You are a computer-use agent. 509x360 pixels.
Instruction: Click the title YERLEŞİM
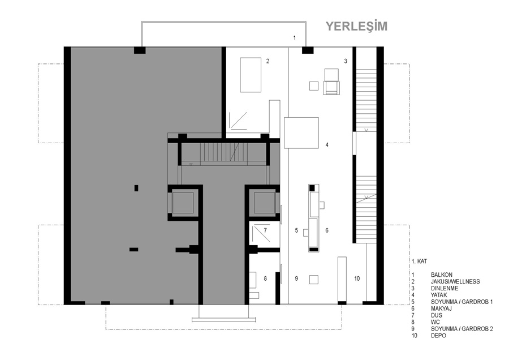pos(356,26)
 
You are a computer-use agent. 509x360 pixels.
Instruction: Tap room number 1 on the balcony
pos(295,38)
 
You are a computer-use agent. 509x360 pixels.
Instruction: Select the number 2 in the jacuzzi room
pos(268,61)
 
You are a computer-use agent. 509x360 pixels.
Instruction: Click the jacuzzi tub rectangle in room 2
pos(251,75)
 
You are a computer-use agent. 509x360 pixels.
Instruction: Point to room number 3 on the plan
pos(346,61)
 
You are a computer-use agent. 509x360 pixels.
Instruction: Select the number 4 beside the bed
pos(327,145)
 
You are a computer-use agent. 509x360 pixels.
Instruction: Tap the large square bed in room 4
pos(301,132)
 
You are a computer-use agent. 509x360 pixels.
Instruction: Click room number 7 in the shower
pos(265,230)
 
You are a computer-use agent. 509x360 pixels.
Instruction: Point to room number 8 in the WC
pos(265,278)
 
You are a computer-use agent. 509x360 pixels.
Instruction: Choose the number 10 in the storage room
pos(357,278)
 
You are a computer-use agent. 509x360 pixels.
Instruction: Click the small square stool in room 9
pos(313,280)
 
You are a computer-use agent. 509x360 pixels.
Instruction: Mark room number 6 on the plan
pos(327,230)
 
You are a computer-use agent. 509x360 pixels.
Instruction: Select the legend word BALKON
pos(442,275)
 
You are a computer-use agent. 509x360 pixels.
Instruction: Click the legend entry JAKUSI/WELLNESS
pos(455,282)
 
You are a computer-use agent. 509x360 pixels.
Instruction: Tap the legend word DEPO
pos(438,336)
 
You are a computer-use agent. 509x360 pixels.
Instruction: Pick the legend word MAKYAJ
pos(441,308)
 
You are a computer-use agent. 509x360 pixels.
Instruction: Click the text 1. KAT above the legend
pos(420,262)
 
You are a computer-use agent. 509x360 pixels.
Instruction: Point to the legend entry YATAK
pos(439,295)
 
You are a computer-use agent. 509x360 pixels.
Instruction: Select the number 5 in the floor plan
pos(296,230)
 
